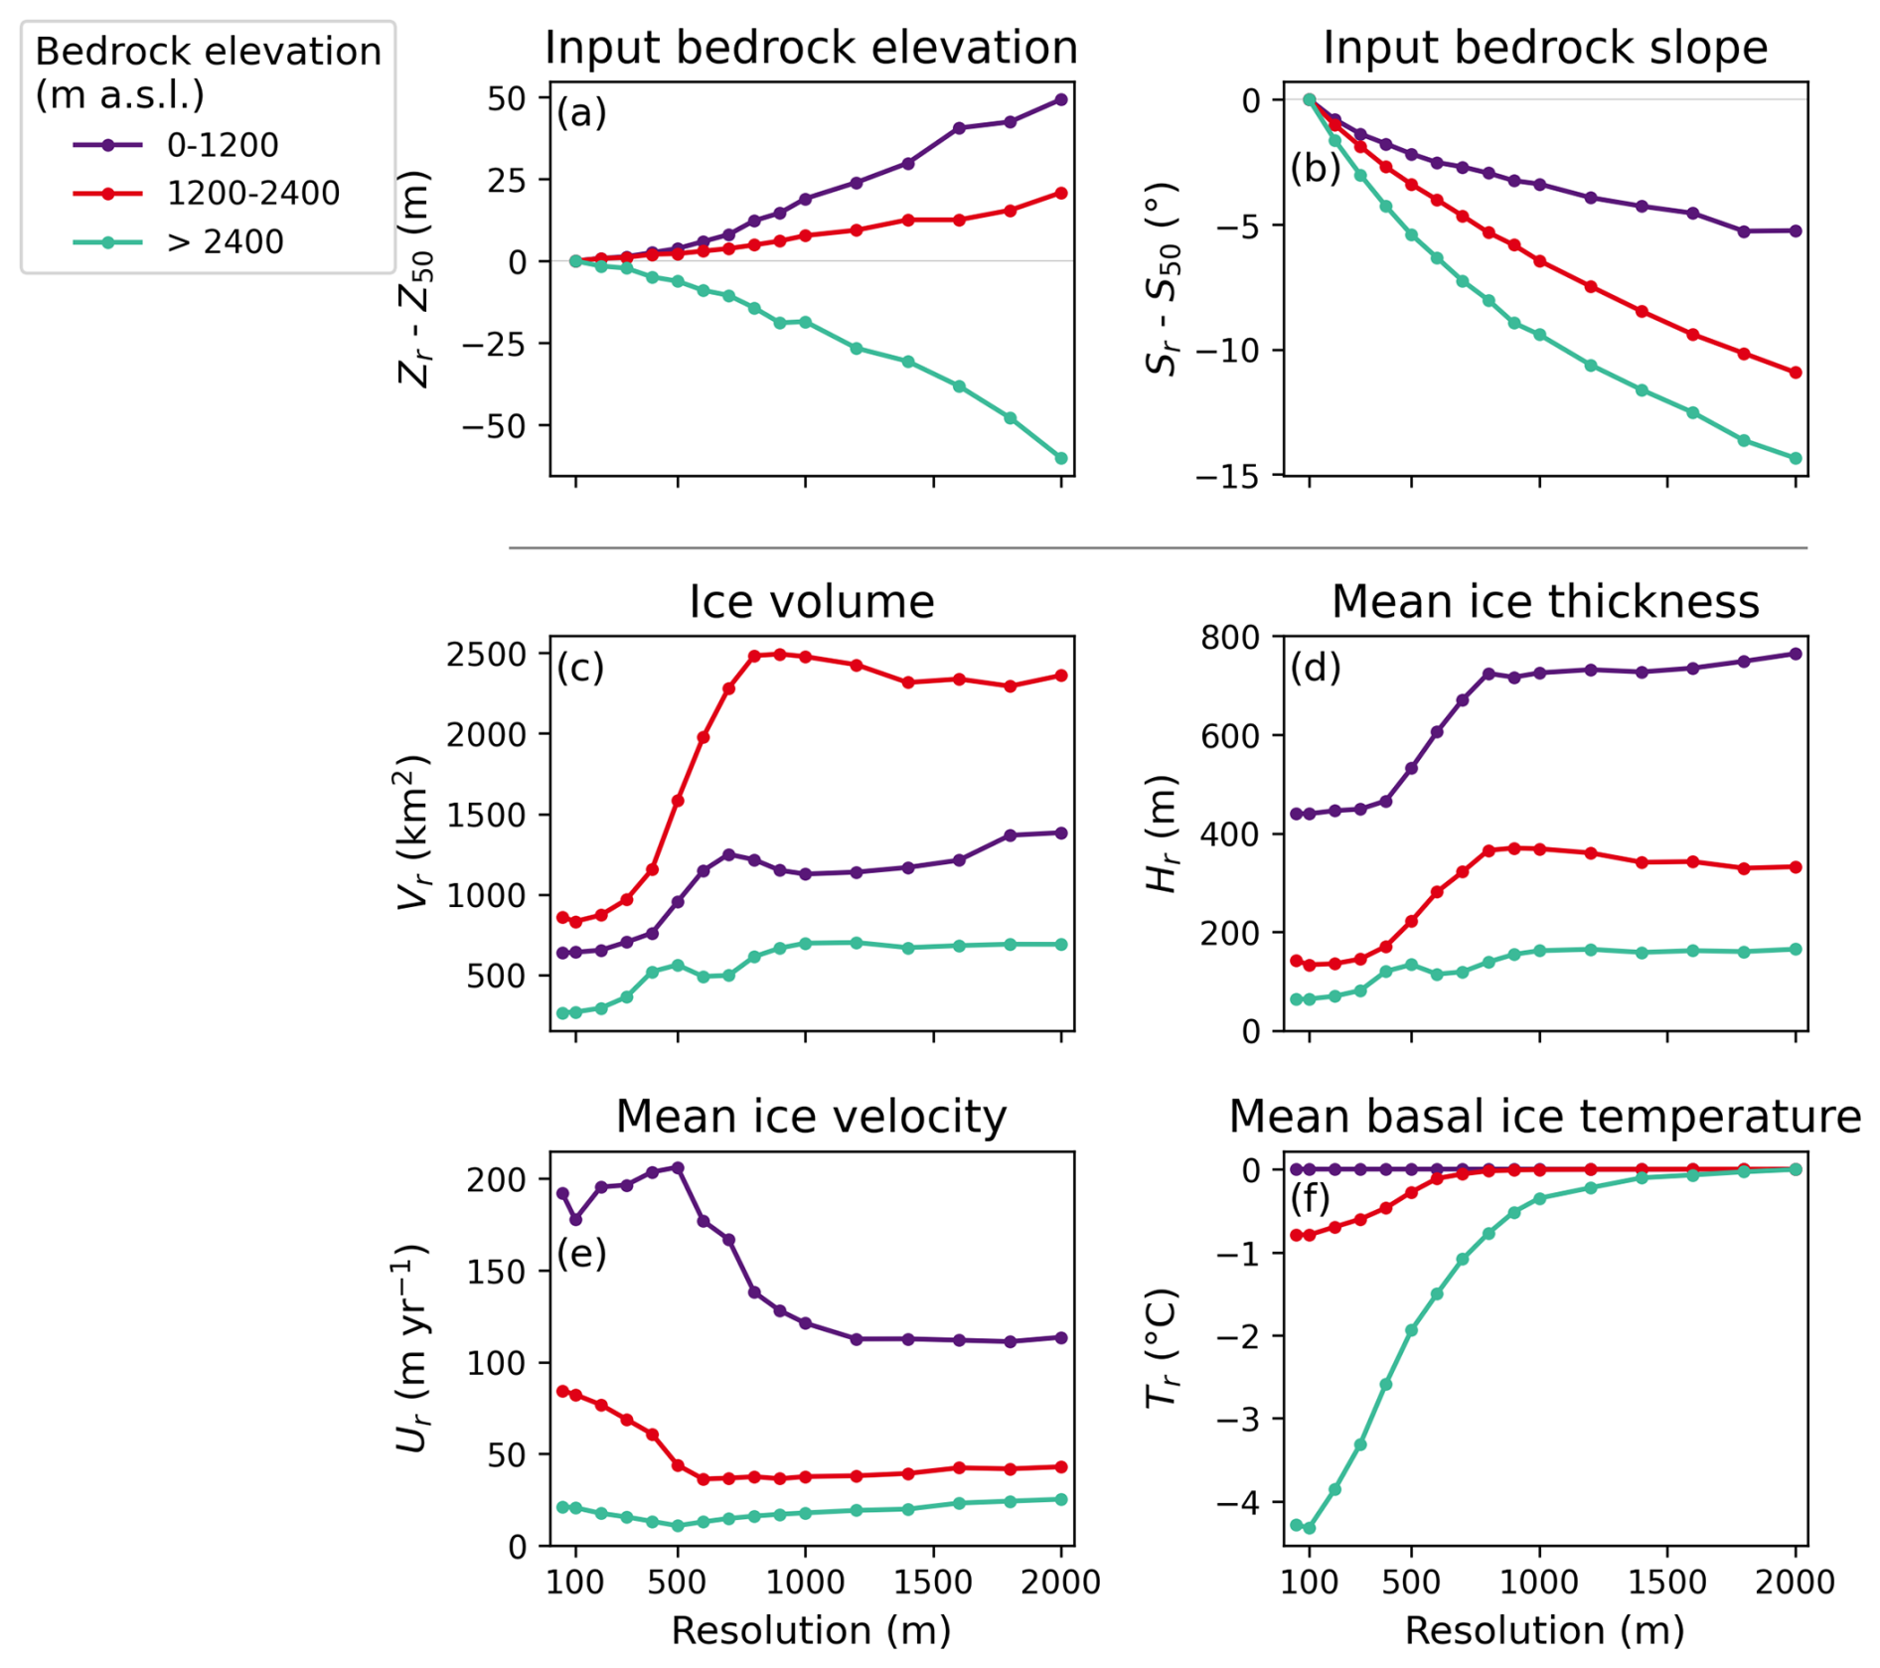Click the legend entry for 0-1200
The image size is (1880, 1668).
coord(223,145)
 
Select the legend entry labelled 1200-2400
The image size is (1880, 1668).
coord(252,193)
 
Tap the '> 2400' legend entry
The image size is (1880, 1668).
coord(225,241)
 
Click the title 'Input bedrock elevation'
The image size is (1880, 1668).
coord(811,48)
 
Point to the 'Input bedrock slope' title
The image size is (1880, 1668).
coord(1544,48)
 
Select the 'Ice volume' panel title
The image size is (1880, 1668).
coord(811,602)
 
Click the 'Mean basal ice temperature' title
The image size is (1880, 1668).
coord(1544,1117)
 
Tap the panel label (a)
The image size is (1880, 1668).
coord(581,113)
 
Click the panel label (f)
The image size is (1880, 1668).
coord(1310,1199)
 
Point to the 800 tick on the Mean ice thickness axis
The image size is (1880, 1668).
coord(1229,637)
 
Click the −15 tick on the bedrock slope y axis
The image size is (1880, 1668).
coord(1227,477)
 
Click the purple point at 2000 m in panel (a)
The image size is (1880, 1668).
coord(1061,99)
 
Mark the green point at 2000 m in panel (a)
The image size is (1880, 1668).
coord(1061,458)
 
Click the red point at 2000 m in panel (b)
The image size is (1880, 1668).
coord(1796,373)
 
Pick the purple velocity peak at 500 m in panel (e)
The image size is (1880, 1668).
coord(678,1167)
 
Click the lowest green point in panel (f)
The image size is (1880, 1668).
coord(1309,1528)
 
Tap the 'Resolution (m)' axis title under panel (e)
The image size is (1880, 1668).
coord(811,1630)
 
